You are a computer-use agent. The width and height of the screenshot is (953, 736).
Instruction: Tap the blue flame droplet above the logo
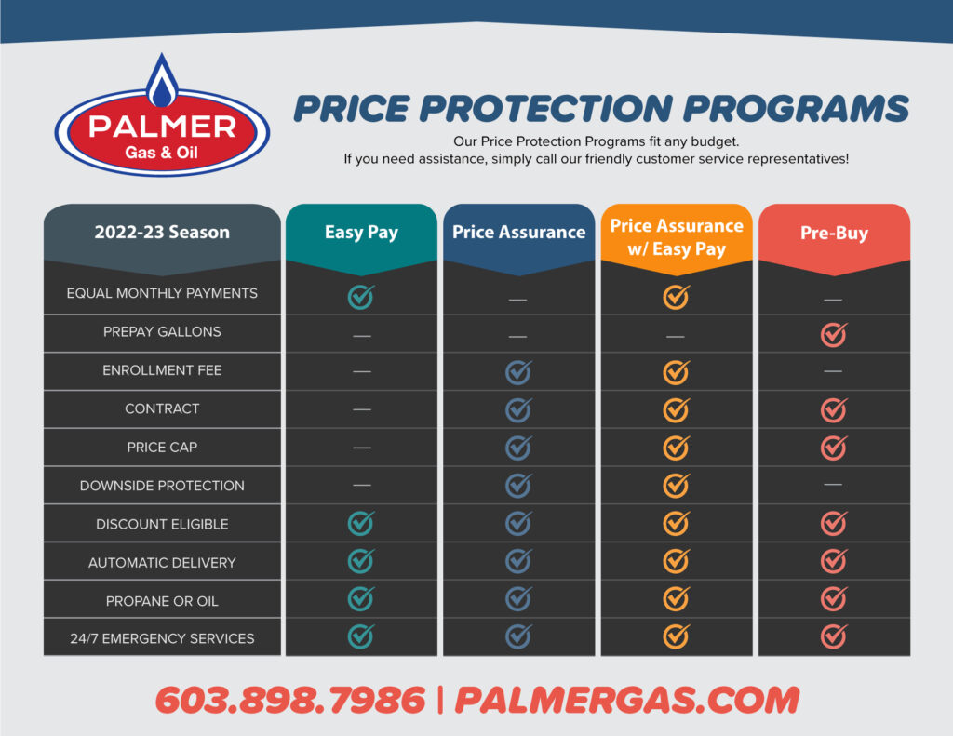162,82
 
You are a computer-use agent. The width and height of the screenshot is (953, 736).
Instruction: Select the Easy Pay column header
361,233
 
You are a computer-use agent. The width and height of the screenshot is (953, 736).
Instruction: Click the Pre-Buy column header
834,233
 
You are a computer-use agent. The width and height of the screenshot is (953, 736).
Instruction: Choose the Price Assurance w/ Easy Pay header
677,237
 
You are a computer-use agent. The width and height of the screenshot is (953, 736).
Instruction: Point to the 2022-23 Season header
162,232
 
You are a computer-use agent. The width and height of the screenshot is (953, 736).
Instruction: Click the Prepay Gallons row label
162,332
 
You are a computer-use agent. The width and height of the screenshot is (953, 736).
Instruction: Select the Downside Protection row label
162,486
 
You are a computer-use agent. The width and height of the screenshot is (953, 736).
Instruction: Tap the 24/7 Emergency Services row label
162,638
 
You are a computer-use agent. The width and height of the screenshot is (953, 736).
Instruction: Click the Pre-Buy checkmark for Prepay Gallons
834,334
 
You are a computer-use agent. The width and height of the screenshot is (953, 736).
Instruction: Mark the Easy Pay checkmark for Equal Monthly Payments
361,297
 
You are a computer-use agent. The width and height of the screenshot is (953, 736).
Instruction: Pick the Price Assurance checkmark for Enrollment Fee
518,372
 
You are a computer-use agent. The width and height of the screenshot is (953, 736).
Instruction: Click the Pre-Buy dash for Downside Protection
833,485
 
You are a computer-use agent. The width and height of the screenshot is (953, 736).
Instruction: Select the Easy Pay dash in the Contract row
362,409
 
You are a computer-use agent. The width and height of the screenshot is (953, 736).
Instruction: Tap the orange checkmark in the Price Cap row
676,448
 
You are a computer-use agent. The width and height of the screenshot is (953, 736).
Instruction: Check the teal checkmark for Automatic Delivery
361,560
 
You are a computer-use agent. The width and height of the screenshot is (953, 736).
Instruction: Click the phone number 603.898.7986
290,700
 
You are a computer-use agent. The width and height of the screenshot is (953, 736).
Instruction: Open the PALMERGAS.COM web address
627,700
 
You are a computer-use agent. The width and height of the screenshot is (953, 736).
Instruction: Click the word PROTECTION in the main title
545,109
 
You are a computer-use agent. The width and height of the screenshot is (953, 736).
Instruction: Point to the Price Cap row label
162,448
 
